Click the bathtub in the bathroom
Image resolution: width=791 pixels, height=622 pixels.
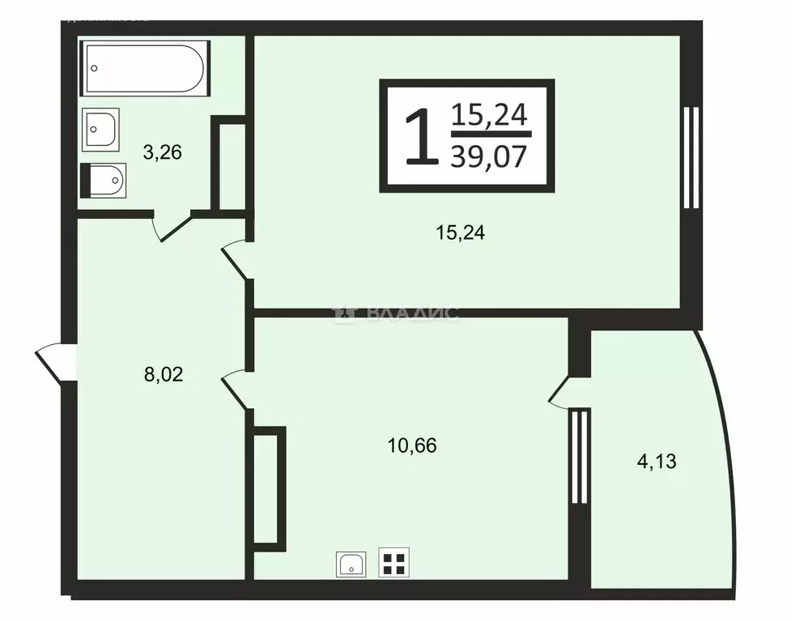click(145, 69)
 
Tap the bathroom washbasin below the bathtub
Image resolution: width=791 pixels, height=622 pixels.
click(101, 128)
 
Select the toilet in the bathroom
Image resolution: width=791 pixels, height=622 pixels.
click(103, 180)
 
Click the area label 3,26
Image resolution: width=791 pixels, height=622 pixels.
click(161, 151)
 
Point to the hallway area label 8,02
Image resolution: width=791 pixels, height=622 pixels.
click(162, 374)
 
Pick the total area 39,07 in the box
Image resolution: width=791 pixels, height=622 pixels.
click(488, 156)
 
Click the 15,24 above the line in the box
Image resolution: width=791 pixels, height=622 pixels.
click(488, 116)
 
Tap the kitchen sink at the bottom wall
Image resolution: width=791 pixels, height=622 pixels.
click(351, 564)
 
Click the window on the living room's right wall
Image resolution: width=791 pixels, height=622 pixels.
click(691, 158)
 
